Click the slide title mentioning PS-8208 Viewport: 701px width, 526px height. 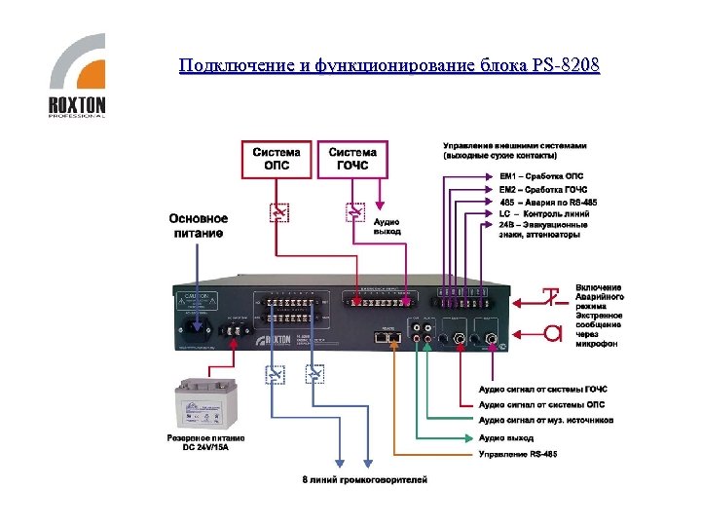389,66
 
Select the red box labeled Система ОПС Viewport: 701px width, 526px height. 277,159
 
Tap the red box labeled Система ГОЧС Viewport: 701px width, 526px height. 352,159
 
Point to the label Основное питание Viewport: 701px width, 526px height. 199,225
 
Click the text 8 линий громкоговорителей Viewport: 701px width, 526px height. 364,479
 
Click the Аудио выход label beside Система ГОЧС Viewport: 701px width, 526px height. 387,227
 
